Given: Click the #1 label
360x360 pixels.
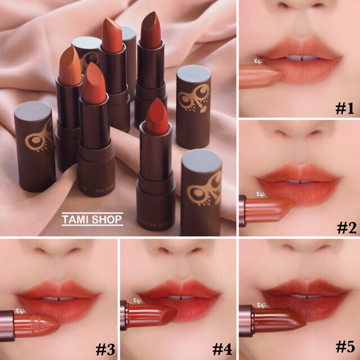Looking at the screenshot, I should click(x=344, y=107).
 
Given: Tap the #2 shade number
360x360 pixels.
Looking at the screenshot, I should click(x=344, y=228).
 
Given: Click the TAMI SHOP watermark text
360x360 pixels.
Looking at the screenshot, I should click(x=92, y=219).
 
